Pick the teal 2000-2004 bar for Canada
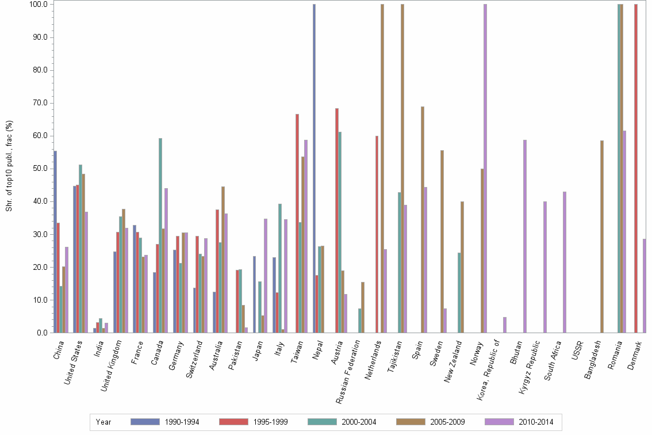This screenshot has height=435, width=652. coord(160,235)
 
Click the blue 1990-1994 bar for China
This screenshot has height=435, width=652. coord(55,242)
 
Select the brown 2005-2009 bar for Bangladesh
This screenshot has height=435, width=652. coord(602,236)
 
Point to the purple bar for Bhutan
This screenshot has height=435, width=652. coord(525,236)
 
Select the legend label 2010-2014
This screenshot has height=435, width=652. coord(536,422)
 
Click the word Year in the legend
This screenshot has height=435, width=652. coord(103,422)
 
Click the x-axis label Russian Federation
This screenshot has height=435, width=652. coord(350,368)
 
